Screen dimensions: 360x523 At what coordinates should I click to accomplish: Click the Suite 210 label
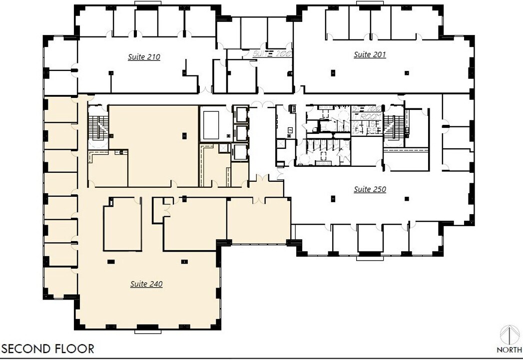(x=144, y=57)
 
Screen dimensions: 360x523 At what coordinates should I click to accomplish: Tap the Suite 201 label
(x=370, y=54)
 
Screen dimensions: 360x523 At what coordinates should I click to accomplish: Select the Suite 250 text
(x=370, y=189)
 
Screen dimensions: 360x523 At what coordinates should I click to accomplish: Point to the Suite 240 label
(x=146, y=284)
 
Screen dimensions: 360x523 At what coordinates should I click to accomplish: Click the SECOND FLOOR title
(x=48, y=349)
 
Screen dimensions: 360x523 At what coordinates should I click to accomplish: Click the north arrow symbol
(x=510, y=335)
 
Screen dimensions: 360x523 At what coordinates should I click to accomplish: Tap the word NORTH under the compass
(x=510, y=350)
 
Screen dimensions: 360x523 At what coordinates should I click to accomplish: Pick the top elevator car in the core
(x=240, y=114)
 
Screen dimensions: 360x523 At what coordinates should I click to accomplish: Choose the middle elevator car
(x=240, y=133)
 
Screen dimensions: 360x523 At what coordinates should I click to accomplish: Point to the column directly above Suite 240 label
(x=184, y=261)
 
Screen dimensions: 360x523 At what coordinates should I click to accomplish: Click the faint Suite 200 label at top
(x=272, y=53)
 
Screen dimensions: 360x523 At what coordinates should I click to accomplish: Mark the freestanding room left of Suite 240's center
(x=122, y=227)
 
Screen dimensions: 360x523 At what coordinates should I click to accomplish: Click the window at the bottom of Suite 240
(x=147, y=331)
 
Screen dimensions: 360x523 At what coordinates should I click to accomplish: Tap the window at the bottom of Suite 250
(x=370, y=258)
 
